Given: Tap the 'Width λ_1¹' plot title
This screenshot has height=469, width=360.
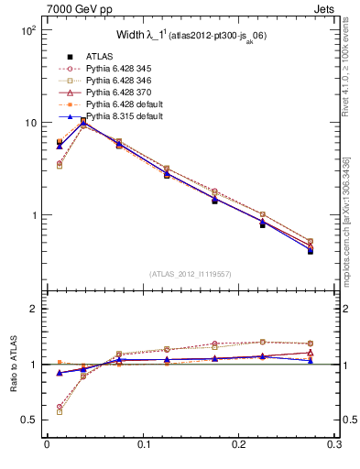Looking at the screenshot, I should pos(189,36).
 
